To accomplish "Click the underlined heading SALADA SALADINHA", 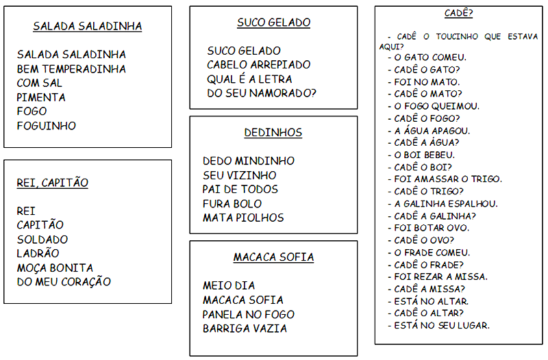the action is click(88, 27).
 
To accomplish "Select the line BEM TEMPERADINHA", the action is click(71, 68).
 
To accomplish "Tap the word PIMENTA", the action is click(41, 97).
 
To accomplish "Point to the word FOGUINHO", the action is click(47, 126).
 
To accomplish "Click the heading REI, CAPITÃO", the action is click(52, 183).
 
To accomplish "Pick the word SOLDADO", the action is click(42, 240).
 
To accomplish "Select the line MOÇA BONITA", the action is click(55, 268).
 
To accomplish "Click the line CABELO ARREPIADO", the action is click(258, 64).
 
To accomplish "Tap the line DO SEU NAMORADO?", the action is click(262, 93).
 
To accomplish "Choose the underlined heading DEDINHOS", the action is click(273, 133).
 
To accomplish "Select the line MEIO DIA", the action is click(229, 285).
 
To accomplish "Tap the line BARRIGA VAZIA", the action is click(245, 329).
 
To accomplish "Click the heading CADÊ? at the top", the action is click(459, 13).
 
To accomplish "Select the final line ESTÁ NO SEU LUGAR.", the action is click(442, 325).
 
